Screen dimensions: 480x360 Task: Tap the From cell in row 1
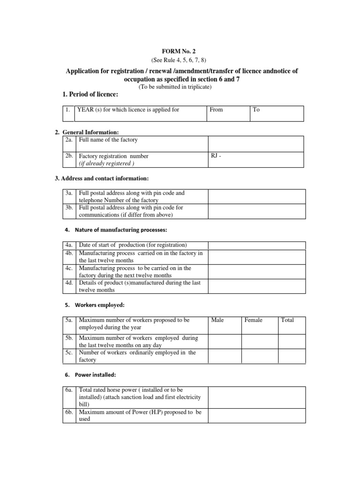pyautogui.click(x=228, y=113)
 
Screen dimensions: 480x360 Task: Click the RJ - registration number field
pyautogui.click(x=256, y=160)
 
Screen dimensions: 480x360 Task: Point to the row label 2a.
pyautogui.click(x=69, y=140)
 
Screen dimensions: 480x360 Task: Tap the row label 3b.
pyautogui.click(x=69, y=208)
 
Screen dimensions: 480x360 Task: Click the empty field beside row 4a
pyautogui.click(x=256, y=245)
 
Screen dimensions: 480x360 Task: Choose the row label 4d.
pyautogui.click(x=69, y=283)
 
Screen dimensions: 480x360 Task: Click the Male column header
pyautogui.click(x=217, y=320)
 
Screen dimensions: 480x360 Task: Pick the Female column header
pyautogui.click(x=253, y=320)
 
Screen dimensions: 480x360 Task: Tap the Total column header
pyautogui.click(x=287, y=320)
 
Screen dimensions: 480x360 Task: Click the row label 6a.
pyautogui.click(x=69, y=390)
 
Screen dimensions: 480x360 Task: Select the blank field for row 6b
pyautogui.click(x=256, y=415)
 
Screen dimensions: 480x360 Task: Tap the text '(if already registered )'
pyautogui.click(x=107, y=164)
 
